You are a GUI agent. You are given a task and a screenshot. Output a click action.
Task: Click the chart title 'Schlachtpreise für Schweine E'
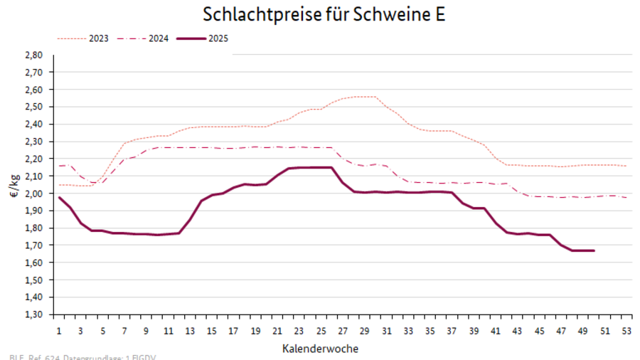click(x=324, y=15)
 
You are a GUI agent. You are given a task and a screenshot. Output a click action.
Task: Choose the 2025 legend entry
click(x=218, y=38)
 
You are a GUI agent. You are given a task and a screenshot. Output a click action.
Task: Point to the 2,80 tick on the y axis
click(x=34, y=55)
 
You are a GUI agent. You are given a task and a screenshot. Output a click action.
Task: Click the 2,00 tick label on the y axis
click(x=34, y=194)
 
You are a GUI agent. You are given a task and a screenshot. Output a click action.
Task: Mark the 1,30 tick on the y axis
click(x=34, y=314)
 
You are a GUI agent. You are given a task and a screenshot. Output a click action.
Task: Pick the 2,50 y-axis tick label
click(x=34, y=107)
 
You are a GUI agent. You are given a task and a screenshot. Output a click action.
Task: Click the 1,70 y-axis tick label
click(x=34, y=245)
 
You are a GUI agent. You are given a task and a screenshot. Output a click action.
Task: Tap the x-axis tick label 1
click(x=59, y=330)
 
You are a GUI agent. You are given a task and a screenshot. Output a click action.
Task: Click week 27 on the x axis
click(x=342, y=330)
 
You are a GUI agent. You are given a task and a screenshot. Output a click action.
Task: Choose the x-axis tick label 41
click(x=494, y=330)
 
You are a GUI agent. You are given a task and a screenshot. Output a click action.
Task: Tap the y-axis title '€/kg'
click(x=15, y=185)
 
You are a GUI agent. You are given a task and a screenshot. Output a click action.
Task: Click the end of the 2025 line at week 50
click(x=594, y=250)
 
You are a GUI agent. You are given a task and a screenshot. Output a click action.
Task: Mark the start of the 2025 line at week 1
click(x=59, y=197)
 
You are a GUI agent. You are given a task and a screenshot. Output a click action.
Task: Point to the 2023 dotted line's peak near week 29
click(x=364, y=97)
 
